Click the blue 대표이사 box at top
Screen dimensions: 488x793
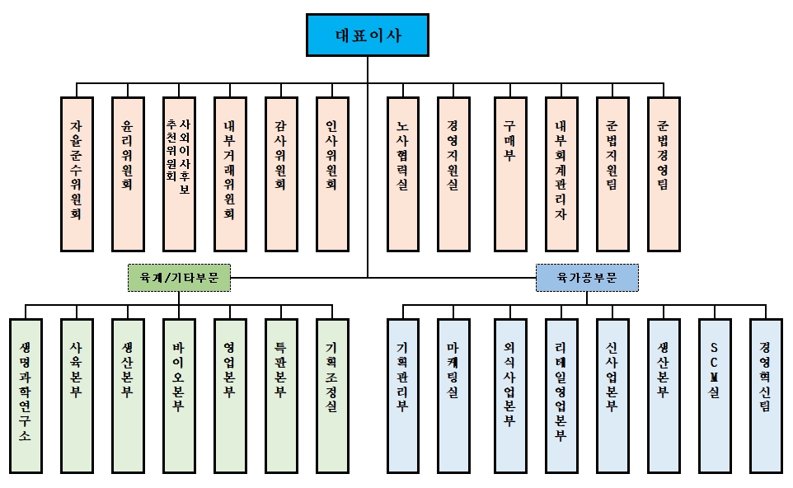368,35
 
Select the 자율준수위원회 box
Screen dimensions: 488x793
77,174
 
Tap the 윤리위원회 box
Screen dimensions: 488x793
128,174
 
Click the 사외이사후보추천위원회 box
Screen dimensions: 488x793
178,174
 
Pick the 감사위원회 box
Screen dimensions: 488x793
280,174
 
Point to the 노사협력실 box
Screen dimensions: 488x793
403,174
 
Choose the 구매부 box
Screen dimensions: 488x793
510,174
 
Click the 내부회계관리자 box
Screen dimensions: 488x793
561,174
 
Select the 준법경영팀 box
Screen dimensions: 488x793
664,174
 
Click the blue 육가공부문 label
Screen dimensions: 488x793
587,278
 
